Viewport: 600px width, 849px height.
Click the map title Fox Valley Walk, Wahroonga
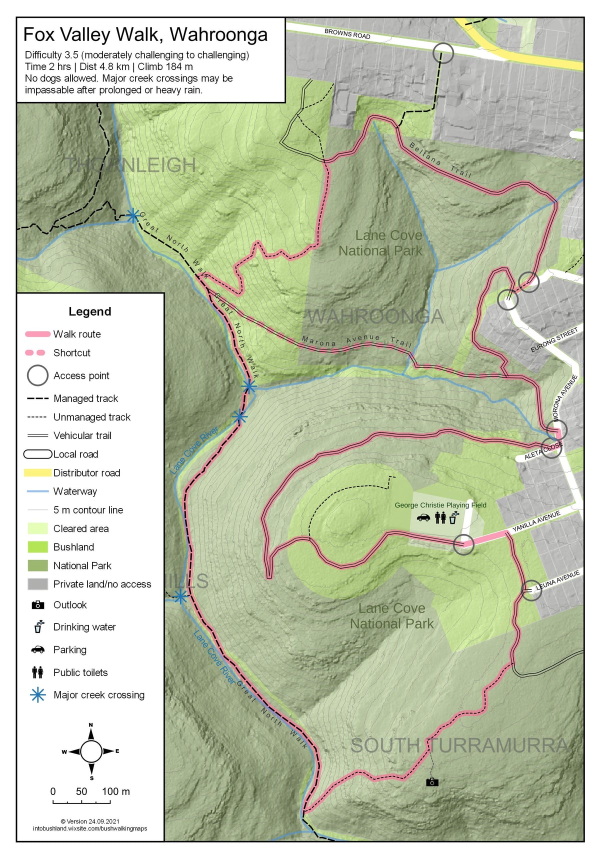(145, 34)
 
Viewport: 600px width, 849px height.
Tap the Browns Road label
(347, 34)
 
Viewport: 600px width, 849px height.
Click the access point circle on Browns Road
(442, 52)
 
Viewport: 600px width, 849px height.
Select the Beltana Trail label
(440, 160)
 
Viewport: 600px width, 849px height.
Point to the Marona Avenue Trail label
(356, 340)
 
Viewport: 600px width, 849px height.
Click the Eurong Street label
(554, 339)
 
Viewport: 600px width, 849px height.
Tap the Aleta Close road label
(543, 451)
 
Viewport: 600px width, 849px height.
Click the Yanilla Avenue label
(536, 521)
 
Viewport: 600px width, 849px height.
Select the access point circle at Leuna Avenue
(531, 590)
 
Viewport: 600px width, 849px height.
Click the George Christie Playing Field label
(440, 505)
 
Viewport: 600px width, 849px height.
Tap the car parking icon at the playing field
(423, 517)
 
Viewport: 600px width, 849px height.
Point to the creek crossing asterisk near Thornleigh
(132, 215)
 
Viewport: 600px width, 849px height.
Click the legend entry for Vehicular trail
(82, 435)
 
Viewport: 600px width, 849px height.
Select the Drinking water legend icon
(38, 626)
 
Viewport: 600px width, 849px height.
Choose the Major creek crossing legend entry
(98, 695)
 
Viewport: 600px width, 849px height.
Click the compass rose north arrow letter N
(91, 724)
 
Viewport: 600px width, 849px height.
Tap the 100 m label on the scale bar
(115, 791)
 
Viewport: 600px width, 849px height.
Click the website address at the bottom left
(90, 828)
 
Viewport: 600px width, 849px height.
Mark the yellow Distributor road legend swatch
(37, 472)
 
